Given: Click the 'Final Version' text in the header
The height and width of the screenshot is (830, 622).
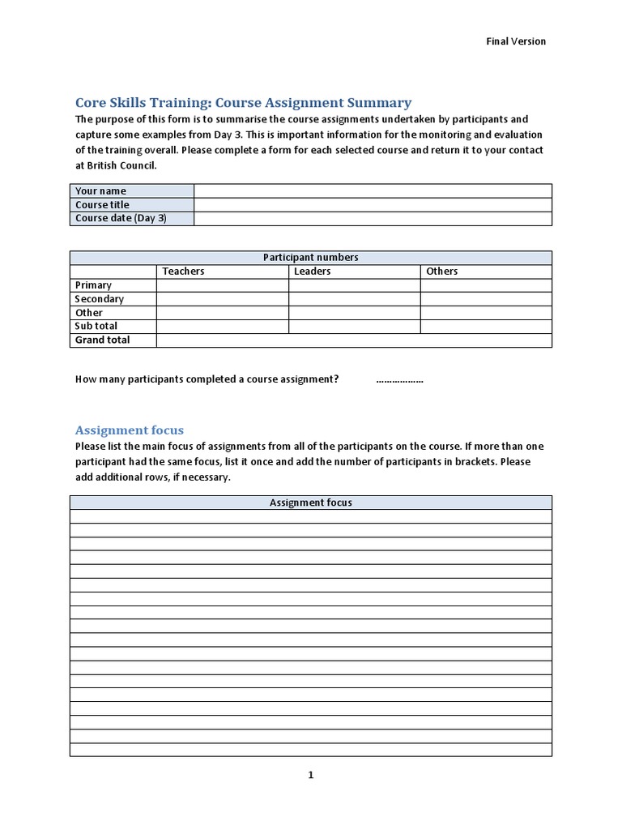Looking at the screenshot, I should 516,41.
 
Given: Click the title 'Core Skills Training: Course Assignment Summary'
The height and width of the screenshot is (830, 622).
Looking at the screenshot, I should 243,103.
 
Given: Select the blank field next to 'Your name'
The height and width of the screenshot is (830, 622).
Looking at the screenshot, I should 373,190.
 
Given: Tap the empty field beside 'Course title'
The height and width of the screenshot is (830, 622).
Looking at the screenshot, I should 373,204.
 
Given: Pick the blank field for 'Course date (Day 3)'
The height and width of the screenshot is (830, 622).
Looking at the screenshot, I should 373,218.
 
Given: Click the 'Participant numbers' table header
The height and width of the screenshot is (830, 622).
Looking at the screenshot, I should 311,257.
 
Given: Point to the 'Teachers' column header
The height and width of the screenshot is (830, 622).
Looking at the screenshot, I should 183,271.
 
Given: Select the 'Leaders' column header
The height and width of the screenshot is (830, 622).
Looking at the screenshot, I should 312,271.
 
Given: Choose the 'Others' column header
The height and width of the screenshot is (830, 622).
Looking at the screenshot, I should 442,271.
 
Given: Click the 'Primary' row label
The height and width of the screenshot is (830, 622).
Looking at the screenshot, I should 93,285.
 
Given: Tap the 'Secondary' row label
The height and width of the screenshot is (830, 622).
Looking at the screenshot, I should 99,298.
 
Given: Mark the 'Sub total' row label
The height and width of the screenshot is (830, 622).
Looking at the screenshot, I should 96,326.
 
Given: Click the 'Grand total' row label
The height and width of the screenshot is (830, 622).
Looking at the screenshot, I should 102,340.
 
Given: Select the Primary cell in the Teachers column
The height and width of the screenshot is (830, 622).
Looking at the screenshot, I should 223,285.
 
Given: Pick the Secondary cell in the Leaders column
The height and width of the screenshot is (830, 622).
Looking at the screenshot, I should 355,298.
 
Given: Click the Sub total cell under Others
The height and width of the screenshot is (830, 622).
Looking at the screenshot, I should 486,326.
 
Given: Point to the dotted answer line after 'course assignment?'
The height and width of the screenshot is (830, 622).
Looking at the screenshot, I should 399,379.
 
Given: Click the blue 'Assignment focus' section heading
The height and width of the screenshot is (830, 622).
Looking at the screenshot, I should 130,430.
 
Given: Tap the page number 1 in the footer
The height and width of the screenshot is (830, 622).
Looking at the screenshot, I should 310,776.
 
